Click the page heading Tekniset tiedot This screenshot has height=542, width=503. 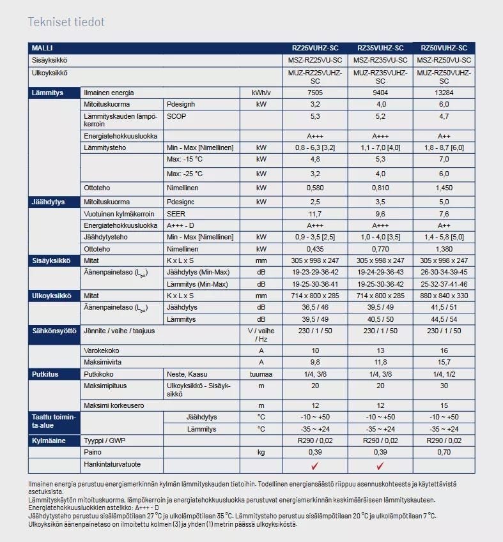(x=66, y=22)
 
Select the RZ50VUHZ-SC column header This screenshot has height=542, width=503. (x=444, y=48)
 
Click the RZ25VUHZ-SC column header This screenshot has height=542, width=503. (x=315, y=48)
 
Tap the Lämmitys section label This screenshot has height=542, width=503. (x=48, y=93)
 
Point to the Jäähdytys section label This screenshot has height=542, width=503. (x=49, y=202)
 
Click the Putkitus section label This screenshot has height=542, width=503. (x=45, y=374)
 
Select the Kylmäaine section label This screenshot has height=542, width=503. (x=49, y=440)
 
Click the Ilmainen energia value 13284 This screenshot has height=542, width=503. (x=444, y=93)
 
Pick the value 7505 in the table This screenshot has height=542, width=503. (x=315, y=93)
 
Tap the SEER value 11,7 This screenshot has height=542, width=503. (x=315, y=214)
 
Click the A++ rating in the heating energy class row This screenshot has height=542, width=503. (x=444, y=136)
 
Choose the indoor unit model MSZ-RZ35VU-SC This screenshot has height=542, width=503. (x=380, y=60)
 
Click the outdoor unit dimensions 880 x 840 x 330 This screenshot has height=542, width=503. (x=444, y=296)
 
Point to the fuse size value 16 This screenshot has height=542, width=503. (x=444, y=351)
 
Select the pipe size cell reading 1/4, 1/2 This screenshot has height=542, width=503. (x=444, y=374)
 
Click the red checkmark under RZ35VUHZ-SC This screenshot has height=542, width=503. (x=380, y=465)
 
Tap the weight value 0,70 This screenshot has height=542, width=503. (x=444, y=452)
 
